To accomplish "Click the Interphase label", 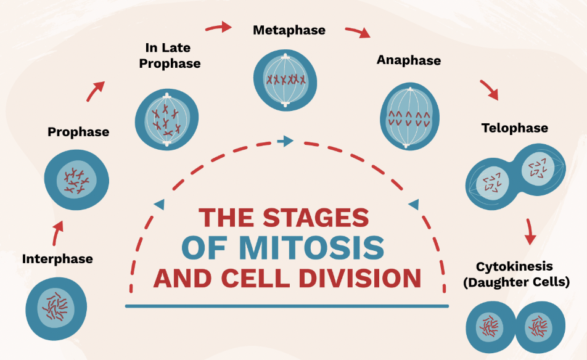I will coord(57,259).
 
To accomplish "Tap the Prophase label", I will coord(78,131).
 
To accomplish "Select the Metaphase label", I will coord(289,30).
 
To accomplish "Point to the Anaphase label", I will coord(409,60).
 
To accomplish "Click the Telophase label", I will coord(515,128).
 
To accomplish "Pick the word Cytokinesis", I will coord(514,267).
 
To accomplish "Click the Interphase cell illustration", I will coord(56,307).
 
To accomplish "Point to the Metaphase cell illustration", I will coord(285,79).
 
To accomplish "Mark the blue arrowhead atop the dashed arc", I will coord(285,142).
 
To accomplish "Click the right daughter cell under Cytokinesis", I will coord(539,326).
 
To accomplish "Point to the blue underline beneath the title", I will coord(287,306).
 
